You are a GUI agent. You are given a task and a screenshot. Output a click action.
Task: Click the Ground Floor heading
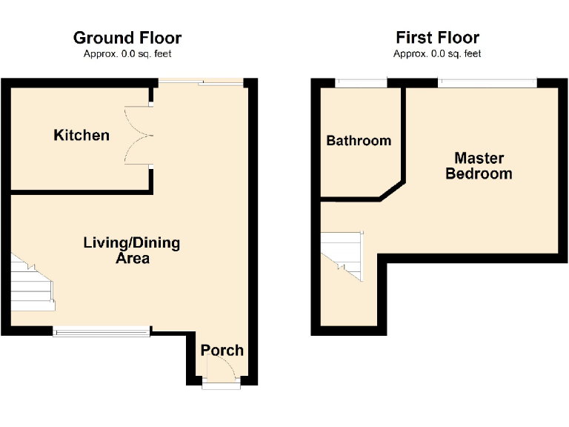127,38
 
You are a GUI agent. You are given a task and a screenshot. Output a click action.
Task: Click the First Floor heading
437,38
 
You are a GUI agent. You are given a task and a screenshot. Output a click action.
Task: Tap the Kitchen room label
81,135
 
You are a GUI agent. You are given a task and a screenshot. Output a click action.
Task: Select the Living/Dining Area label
131,251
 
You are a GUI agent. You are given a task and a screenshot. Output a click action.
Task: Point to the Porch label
222,350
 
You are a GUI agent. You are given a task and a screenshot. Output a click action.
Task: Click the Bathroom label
359,140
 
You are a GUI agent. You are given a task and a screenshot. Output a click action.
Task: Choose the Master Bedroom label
479,166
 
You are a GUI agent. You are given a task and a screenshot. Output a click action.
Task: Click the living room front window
102,331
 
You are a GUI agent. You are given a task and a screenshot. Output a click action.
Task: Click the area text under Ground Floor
127,53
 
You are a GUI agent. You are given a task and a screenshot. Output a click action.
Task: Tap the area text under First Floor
437,53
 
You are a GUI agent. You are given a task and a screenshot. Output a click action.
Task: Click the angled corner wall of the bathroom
391,190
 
